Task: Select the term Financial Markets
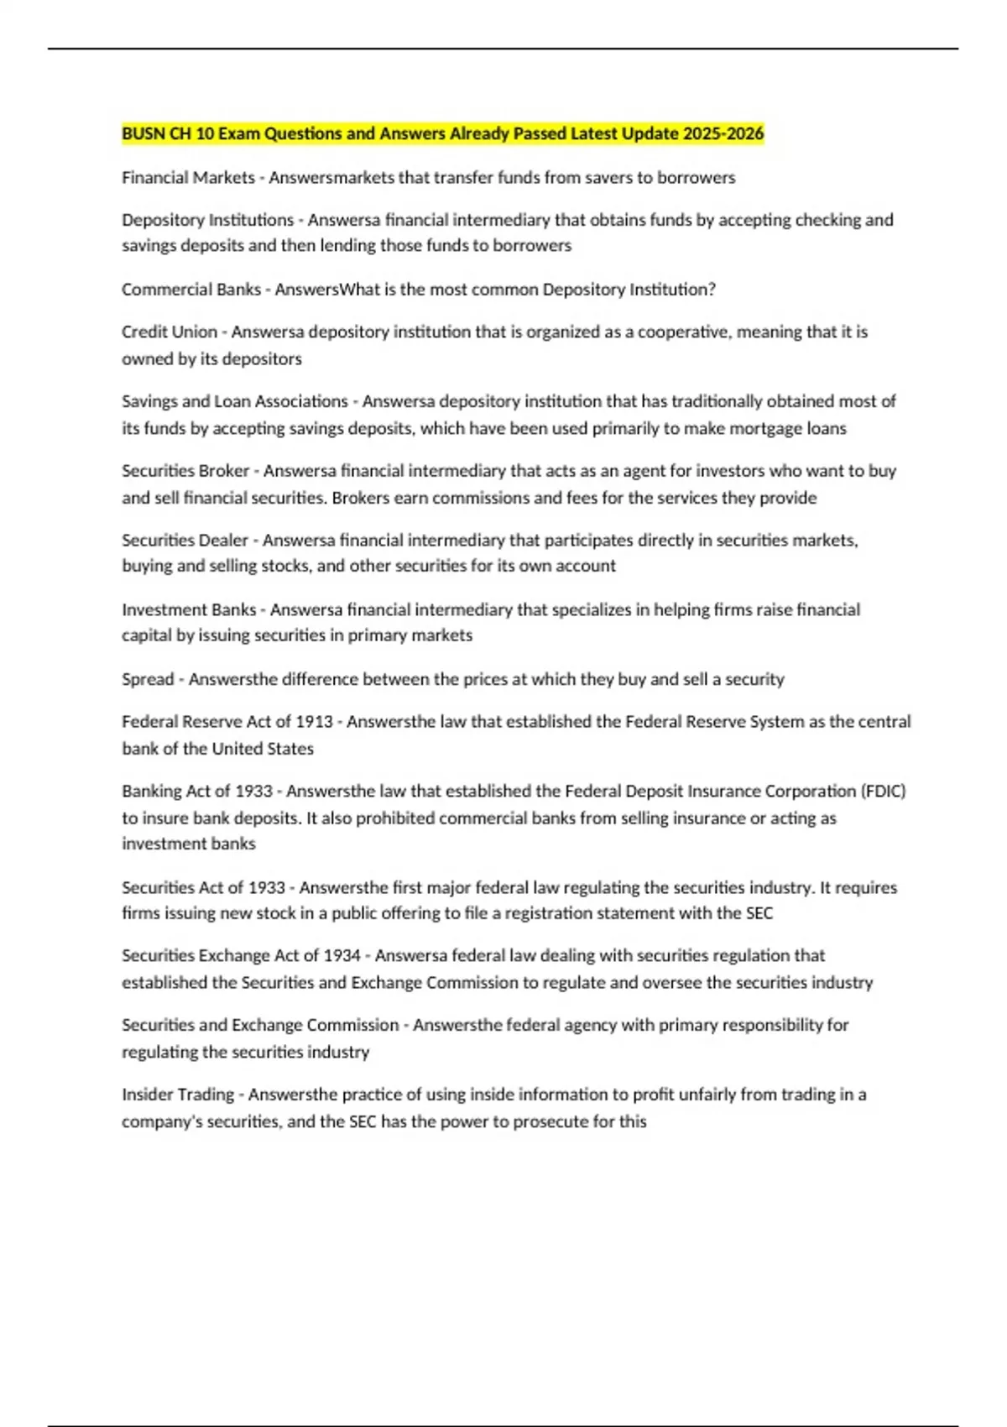coord(188,178)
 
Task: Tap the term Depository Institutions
coord(207,220)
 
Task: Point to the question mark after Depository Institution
coord(712,290)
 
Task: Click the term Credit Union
coord(170,332)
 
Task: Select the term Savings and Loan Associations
coord(235,401)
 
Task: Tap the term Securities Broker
coord(185,471)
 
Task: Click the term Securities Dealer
coord(185,541)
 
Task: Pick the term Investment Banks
coord(189,609)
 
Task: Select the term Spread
coord(148,679)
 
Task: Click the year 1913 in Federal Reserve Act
coord(315,722)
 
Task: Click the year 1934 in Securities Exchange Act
coord(342,955)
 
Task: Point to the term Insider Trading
coord(178,1095)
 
